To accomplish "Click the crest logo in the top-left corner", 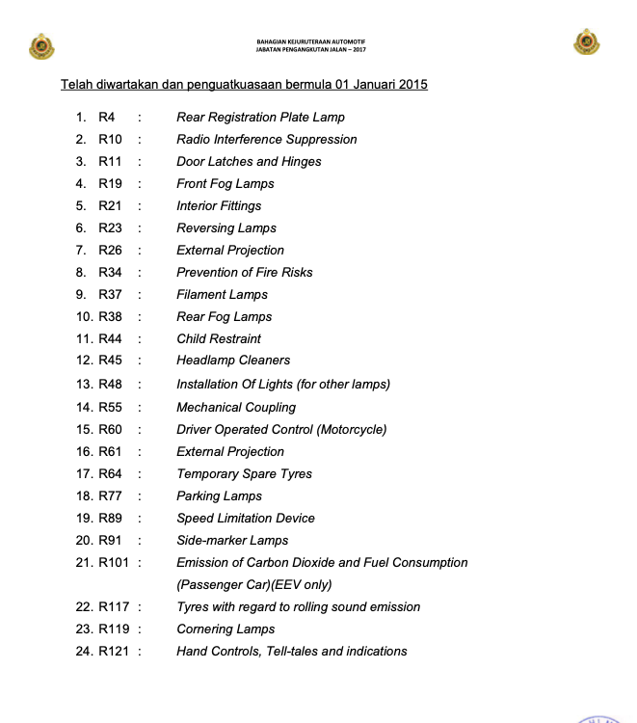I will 42,45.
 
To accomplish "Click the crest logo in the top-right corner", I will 587,42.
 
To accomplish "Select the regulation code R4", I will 107,118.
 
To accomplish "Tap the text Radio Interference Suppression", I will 266,140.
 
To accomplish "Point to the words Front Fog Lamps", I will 226,184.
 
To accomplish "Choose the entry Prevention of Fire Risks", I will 245,273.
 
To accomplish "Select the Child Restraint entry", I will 219,339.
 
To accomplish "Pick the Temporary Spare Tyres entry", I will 244,474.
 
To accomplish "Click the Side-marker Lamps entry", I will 232,541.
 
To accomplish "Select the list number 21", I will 84,563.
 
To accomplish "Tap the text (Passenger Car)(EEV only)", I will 253,585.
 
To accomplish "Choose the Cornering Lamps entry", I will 226,629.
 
